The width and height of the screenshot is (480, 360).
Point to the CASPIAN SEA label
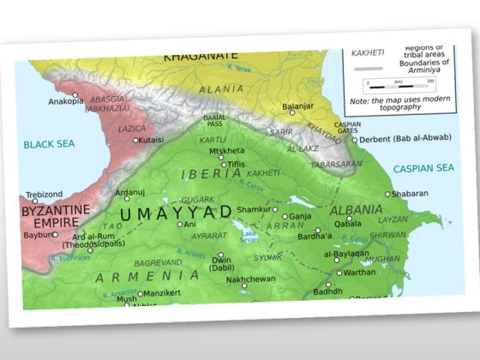[423, 168]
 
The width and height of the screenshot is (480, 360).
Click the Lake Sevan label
[249, 236]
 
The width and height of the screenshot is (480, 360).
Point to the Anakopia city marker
[75, 95]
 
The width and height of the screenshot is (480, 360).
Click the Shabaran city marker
[387, 195]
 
